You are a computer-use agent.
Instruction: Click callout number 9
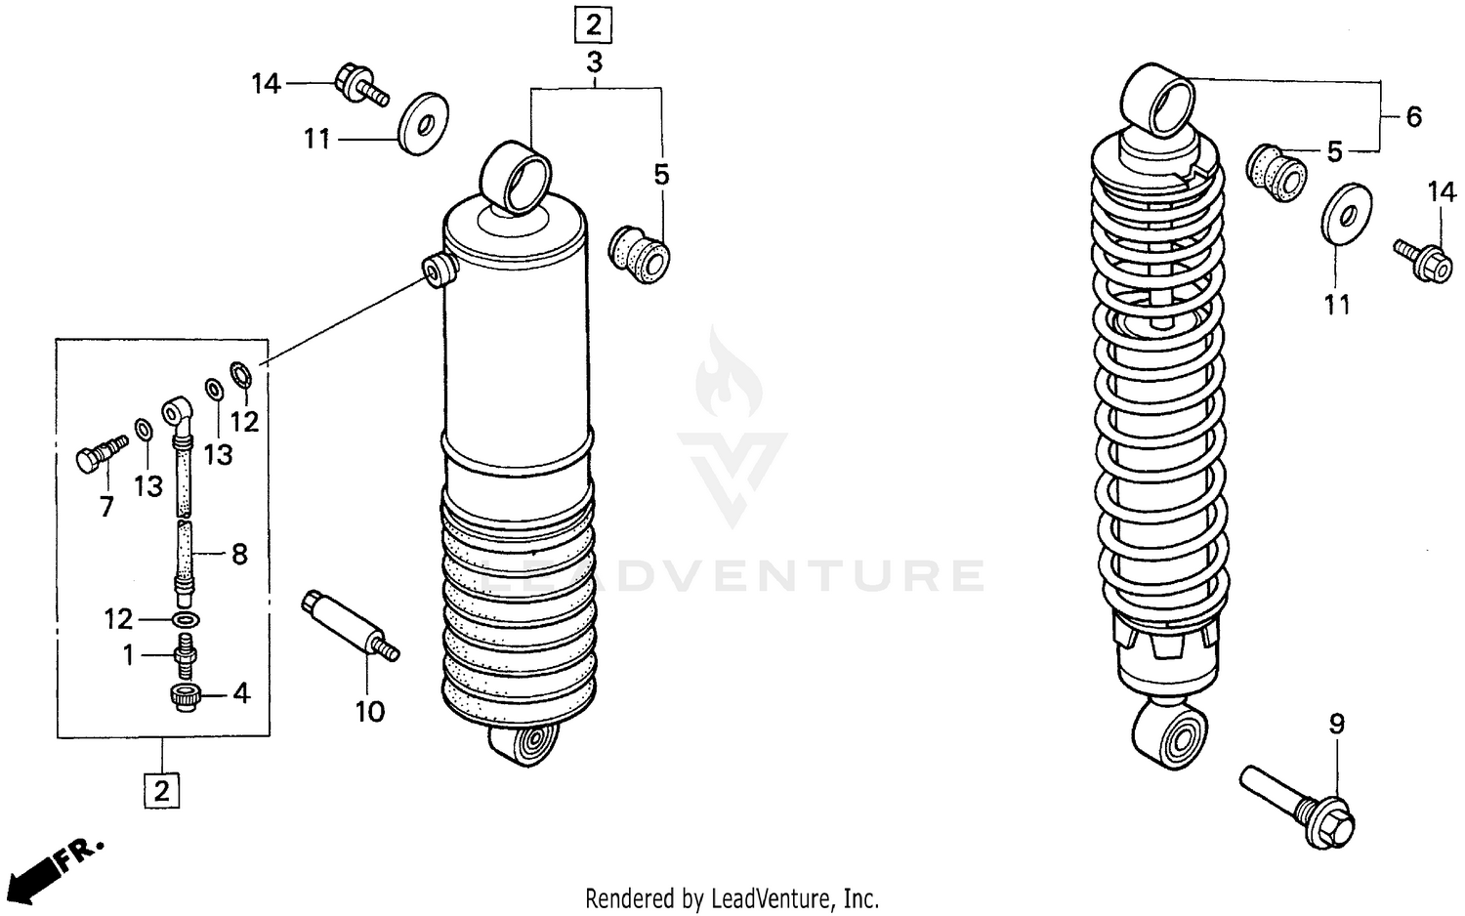pyautogui.click(x=1336, y=724)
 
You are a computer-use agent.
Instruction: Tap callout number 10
pyautogui.click(x=370, y=712)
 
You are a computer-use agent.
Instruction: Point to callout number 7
pyautogui.click(x=106, y=506)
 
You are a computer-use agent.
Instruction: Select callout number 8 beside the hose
pyautogui.click(x=239, y=555)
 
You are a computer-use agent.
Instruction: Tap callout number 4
pyautogui.click(x=241, y=693)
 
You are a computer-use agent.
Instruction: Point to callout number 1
pyautogui.click(x=129, y=655)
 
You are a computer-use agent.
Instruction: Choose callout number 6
pyautogui.click(x=1413, y=117)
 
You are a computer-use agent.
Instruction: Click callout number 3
pyautogui.click(x=594, y=63)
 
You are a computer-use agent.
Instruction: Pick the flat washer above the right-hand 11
pyautogui.click(x=1347, y=211)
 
